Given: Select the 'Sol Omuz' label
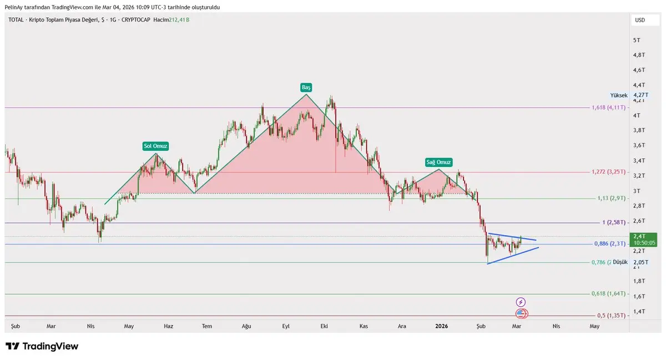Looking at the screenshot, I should [155, 146].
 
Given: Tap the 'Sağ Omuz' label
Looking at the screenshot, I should [439, 162].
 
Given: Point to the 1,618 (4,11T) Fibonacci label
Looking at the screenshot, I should [609, 108].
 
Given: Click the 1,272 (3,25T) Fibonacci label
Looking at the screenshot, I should [609, 172].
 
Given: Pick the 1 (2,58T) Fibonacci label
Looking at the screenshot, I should [614, 222].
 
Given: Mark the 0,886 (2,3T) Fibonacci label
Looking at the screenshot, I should [610, 244].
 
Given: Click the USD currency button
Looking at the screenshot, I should [640, 20].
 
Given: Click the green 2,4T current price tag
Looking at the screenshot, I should [644, 239].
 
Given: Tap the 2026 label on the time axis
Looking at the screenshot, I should [441, 326].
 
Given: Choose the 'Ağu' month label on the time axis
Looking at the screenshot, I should [246, 326].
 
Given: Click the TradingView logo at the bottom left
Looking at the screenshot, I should [42, 347].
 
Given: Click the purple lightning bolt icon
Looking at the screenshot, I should [521, 302].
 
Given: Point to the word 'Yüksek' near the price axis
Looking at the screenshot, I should [618, 95].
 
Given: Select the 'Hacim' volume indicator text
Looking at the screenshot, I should [161, 20].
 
